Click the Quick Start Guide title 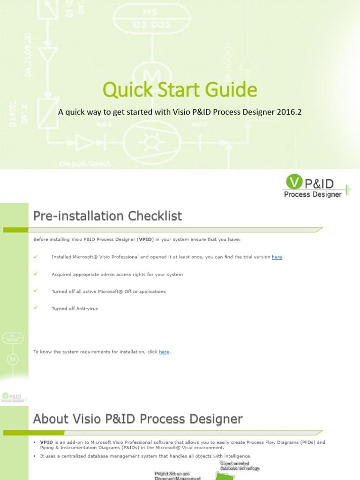point(180,90)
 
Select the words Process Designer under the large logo point(313,194)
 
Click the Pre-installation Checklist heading point(107,216)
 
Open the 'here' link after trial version point(277,257)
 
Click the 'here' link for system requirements point(164,352)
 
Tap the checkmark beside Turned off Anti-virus point(36,308)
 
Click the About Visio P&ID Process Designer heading point(138,419)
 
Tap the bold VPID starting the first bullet point(46,442)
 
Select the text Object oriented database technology point(240,466)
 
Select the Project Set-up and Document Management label point(178,476)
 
